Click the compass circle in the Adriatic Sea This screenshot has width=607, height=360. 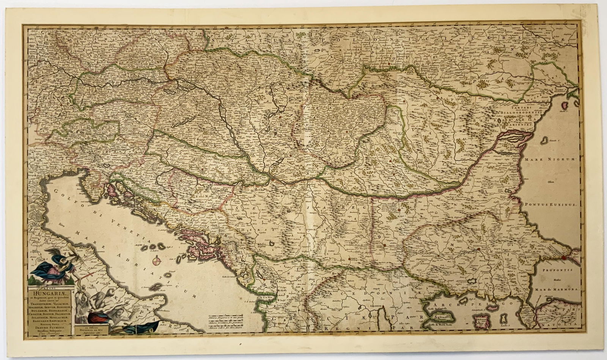pyautogui.click(x=157, y=261)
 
